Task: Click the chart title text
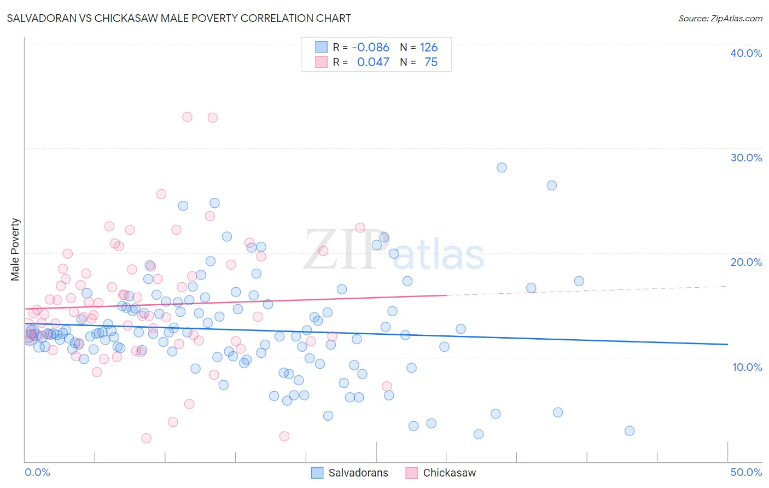(179, 18)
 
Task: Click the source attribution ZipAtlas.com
(720, 18)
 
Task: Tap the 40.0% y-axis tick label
(746, 53)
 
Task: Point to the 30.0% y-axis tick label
(746, 158)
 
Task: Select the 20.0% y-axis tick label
(746, 262)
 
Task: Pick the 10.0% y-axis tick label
(747, 367)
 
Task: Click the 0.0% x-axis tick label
(37, 472)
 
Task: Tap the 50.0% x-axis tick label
(746, 472)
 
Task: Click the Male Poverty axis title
(15, 249)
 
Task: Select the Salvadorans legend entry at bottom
(349, 473)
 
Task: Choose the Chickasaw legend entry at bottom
(441, 473)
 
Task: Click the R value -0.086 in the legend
(370, 48)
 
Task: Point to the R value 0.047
(373, 62)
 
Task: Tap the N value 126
(429, 48)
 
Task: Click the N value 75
(431, 62)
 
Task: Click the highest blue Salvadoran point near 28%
(502, 167)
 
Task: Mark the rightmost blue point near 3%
(630, 431)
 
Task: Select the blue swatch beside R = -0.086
(321, 47)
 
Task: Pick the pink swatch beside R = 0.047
(321, 62)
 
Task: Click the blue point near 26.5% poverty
(551, 185)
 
